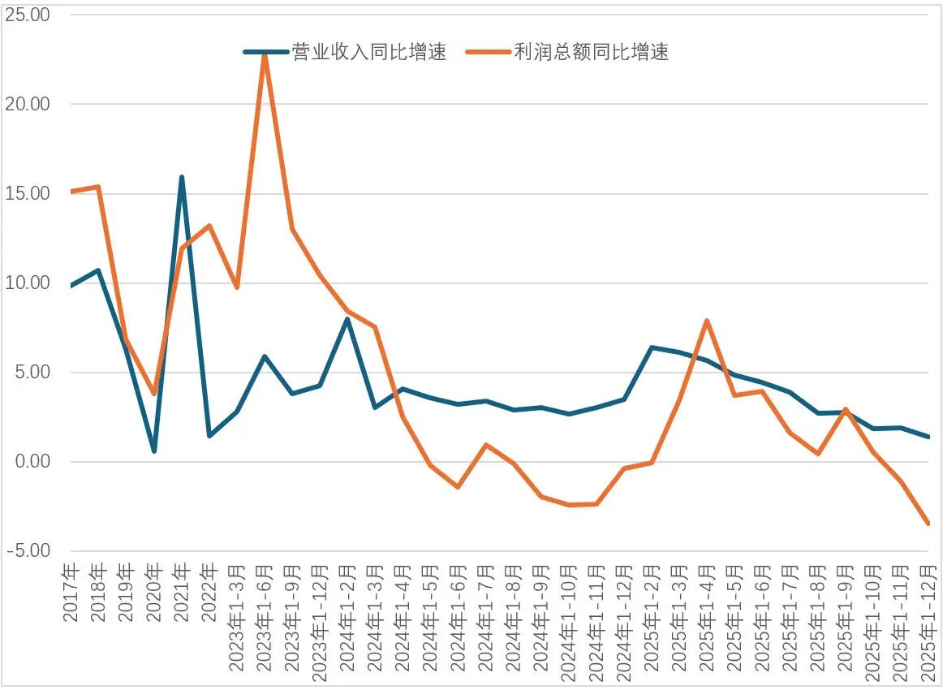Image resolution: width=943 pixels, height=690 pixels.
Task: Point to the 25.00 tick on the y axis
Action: coord(28,15)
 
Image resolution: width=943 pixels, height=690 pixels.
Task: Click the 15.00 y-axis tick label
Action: coord(28,193)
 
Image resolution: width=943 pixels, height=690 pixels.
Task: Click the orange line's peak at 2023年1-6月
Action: coord(265,54)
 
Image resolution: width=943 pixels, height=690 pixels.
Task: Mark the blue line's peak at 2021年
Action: coord(182,177)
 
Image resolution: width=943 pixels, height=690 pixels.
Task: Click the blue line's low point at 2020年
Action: coord(154,451)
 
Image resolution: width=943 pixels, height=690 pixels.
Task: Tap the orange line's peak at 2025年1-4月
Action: coord(707,321)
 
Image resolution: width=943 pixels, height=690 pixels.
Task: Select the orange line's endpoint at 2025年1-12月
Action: coord(928,524)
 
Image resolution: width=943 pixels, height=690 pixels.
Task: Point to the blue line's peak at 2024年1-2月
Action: coord(347,319)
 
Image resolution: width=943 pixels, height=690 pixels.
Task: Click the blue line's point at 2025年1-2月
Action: coord(652,347)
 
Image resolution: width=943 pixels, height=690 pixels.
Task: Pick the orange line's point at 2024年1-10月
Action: coord(569,505)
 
